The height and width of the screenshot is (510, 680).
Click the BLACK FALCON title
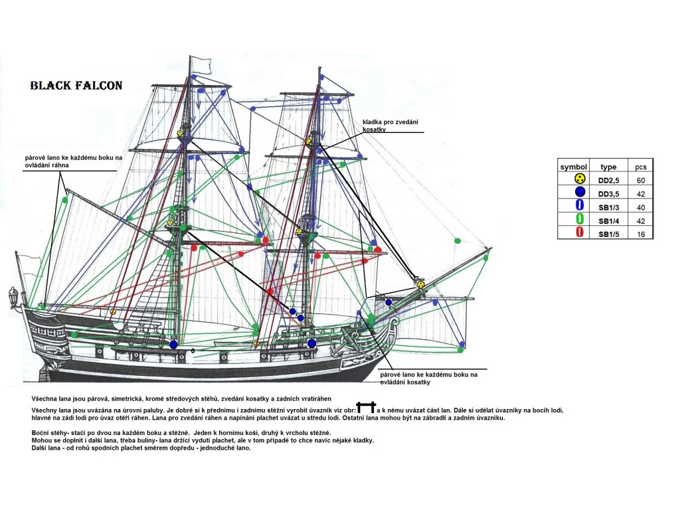click(x=76, y=85)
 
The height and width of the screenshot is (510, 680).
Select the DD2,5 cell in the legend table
click(x=608, y=181)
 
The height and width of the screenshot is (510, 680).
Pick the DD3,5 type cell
click(x=608, y=194)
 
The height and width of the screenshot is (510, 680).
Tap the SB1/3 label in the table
click(x=609, y=207)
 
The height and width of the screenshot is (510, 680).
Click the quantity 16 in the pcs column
click(x=641, y=234)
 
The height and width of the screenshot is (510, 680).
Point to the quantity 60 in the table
click(x=641, y=181)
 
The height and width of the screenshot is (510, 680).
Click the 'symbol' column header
click(x=573, y=167)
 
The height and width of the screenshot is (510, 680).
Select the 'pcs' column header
click(x=641, y=167)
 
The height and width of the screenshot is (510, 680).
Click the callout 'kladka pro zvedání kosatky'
click(x=390, y=126)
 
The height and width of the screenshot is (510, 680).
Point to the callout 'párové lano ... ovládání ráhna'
click(x=73, y=161)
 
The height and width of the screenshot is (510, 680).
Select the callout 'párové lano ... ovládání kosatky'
click(x=428, y=378)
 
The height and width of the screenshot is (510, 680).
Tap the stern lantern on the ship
click(x=13, y=297)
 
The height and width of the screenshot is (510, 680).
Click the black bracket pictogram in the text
click(x=366, y=408)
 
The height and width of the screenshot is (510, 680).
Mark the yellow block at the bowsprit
click(x=420, y=284)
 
